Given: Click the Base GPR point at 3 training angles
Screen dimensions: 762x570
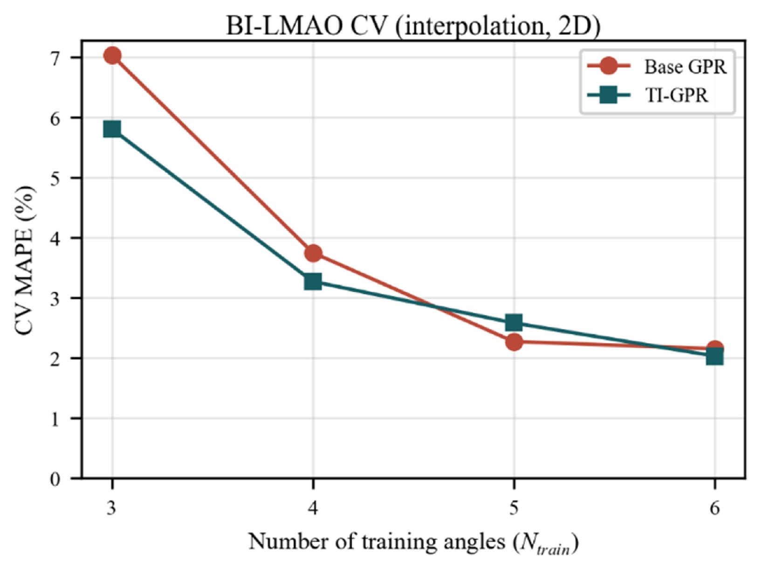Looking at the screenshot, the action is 112,55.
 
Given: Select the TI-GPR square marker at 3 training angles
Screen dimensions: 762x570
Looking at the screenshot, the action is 112,129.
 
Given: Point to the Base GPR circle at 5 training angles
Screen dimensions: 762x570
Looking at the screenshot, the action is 514,342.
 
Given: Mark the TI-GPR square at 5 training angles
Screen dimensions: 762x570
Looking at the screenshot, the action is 514,323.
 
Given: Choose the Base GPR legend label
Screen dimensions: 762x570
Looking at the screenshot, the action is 686,67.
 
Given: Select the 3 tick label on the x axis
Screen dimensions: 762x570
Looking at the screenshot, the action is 111,509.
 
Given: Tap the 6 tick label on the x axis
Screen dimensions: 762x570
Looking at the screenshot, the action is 715,509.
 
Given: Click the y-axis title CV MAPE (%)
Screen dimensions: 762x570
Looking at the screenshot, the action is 26,261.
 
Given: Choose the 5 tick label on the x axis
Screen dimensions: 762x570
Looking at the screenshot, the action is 514,509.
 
